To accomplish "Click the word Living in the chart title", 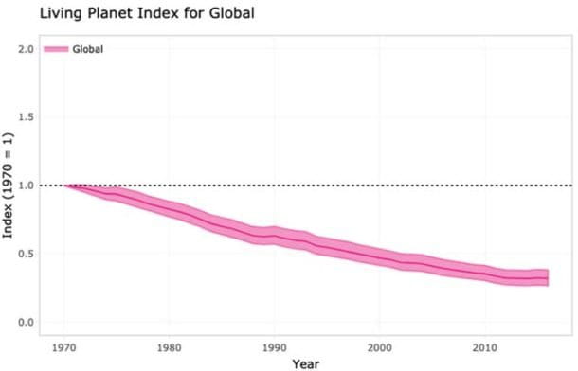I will [34, 13].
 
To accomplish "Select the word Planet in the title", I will [84, 13].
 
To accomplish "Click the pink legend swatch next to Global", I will [56, 49].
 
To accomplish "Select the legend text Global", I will [88, 49].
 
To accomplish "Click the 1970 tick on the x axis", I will [64, 345].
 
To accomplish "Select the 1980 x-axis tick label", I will [170, 345].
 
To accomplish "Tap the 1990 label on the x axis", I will [275, 345].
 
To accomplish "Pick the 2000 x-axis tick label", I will [380, 345].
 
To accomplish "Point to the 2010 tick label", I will [485, 345].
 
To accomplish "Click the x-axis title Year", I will [305, 362].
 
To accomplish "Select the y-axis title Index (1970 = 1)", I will [9, 185].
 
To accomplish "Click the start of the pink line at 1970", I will [65, 185].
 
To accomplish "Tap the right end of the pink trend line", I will [548, 277].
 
